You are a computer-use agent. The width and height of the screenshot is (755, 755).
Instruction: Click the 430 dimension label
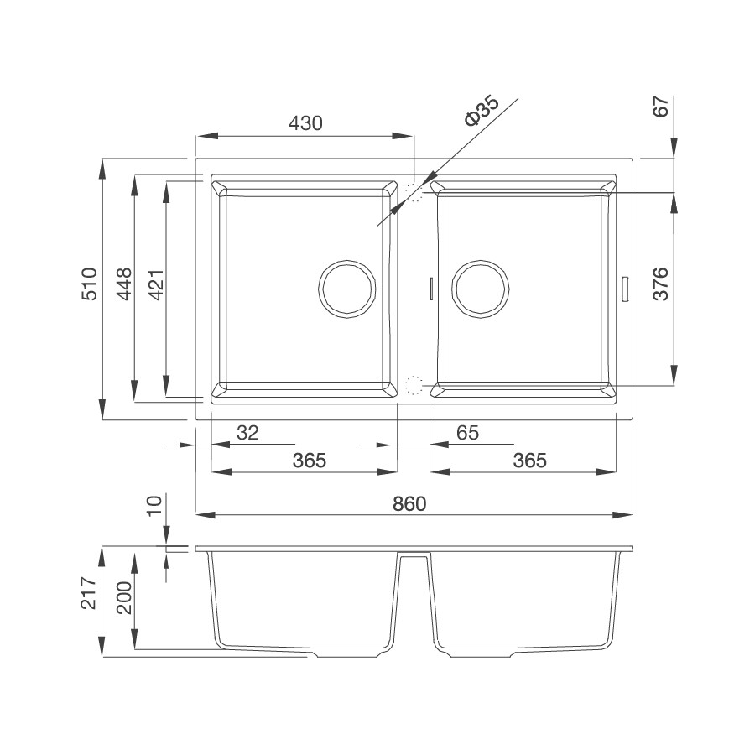coord(305,124)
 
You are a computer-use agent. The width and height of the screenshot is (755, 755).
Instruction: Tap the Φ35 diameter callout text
coord(482,112)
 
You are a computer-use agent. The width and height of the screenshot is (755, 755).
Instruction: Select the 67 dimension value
coord(661,106)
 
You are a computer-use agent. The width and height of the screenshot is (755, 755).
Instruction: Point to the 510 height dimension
coord(89,284)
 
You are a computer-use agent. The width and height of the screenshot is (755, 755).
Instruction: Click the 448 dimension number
coord(124,284)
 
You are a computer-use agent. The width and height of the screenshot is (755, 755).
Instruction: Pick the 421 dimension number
coord(158,285)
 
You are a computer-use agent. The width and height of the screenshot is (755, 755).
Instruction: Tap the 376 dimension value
coord(661,284)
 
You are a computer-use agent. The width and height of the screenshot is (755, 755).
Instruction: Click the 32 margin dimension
coord(248,432)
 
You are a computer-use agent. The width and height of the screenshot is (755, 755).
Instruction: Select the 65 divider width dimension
coord(467,432)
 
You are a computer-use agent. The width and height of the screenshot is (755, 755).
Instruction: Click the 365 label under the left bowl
coord(310,461)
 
